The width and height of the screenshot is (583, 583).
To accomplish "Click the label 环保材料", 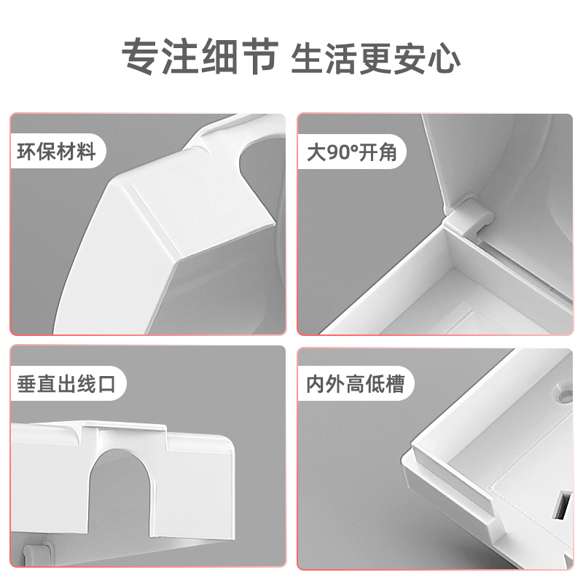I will tap(57, 152).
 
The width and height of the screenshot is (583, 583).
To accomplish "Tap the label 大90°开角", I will tap(351, 152).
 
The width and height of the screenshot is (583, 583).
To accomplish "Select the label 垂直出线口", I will tap(66, 384).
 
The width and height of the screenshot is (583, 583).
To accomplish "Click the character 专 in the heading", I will tap(139, 55).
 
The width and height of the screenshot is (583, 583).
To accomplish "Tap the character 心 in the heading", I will tap(442, 55).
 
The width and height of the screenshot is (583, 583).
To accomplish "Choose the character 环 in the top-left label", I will tap(27, 152).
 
